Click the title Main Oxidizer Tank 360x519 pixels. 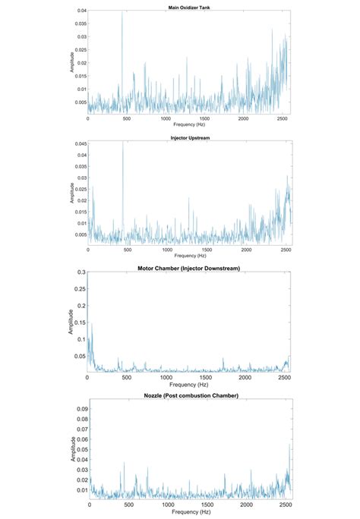188,7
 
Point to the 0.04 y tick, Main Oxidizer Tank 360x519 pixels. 82,11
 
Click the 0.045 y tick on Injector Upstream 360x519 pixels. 81,143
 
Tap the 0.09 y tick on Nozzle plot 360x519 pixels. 81,408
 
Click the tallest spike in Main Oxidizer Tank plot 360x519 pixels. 122,12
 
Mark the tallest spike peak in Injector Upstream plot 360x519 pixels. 123,143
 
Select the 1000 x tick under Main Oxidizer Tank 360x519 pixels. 166,119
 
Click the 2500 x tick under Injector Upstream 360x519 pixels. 283,250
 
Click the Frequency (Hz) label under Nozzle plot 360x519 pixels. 189,513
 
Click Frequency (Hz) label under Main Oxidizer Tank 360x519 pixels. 188,125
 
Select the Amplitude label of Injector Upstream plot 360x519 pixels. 72,191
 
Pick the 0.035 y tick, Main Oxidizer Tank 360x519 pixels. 81,24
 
